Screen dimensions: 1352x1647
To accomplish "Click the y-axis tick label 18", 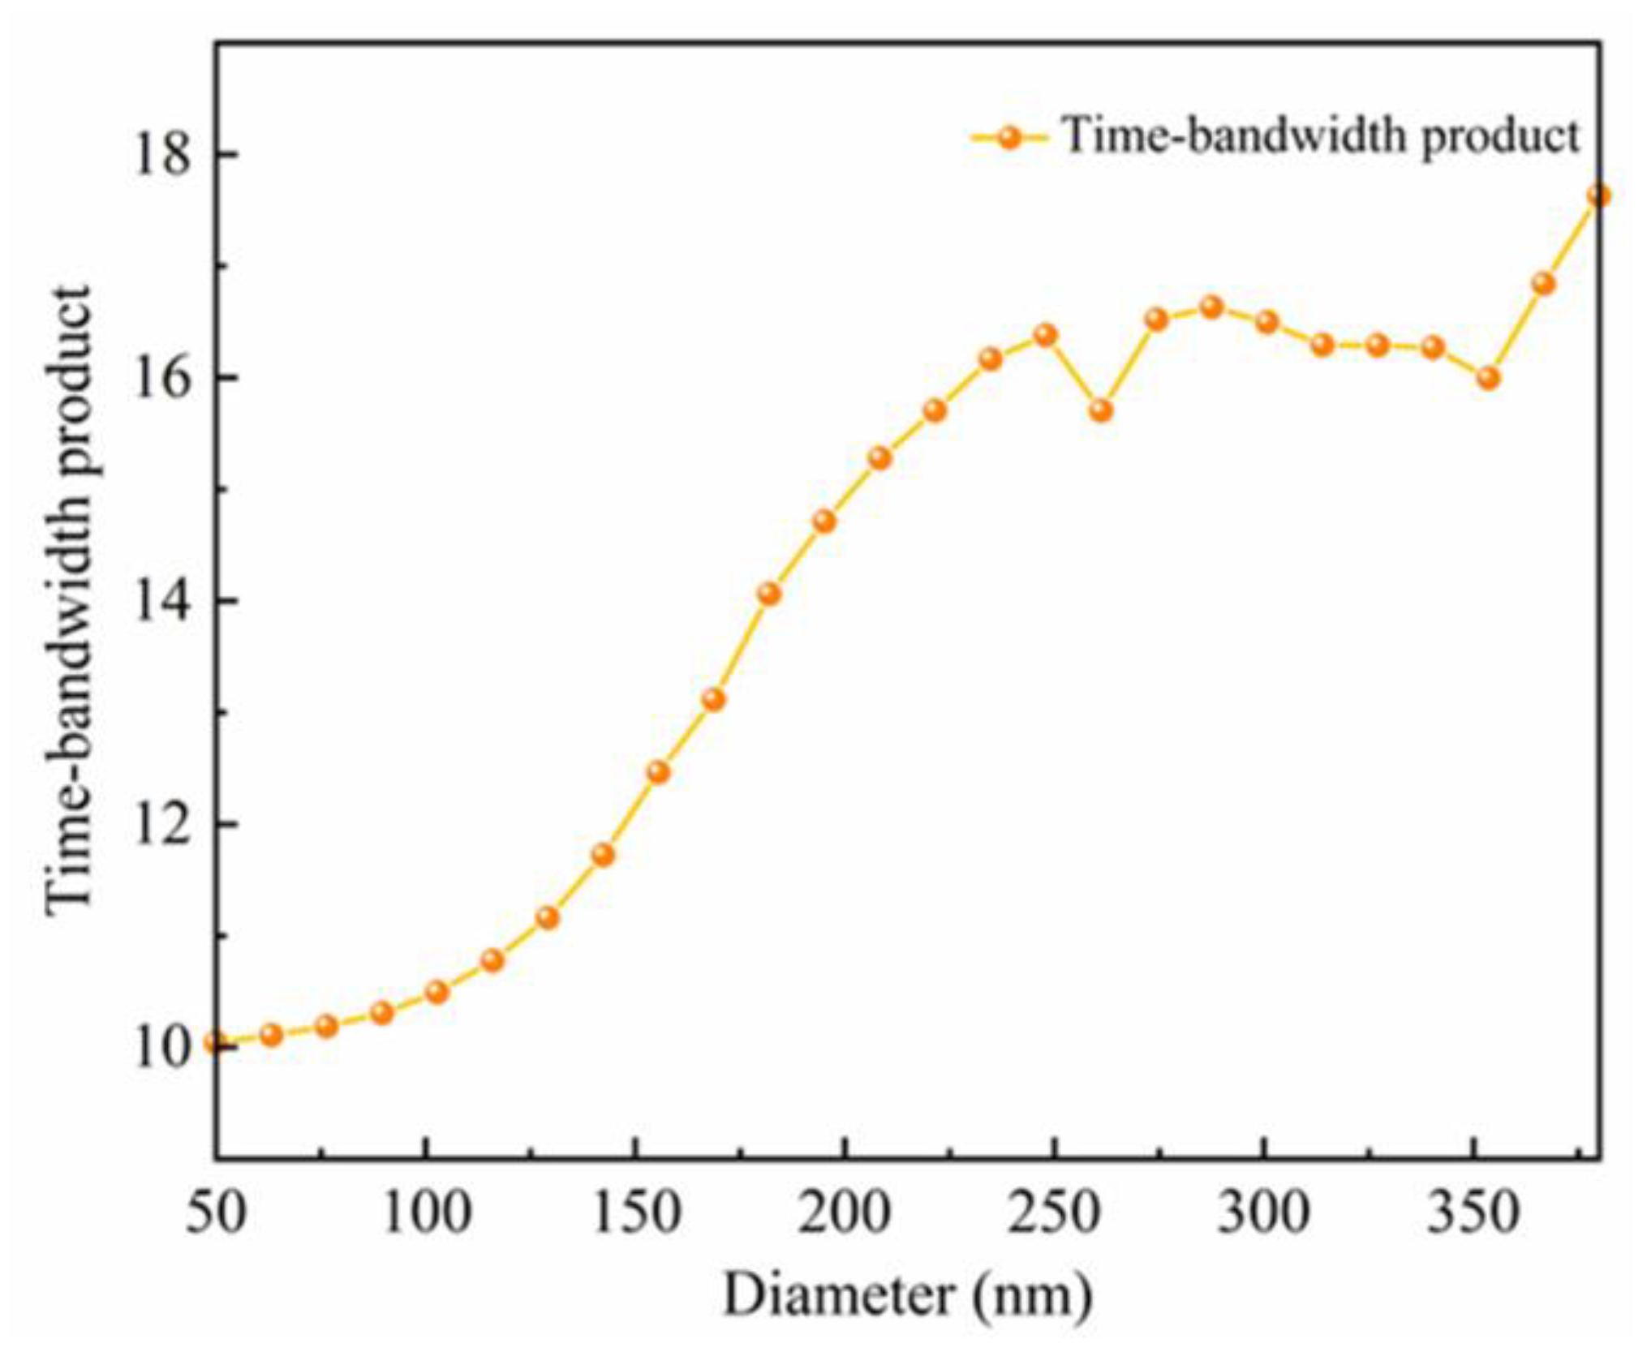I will point(163,153).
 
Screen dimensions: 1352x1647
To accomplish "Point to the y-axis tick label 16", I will point(163,377).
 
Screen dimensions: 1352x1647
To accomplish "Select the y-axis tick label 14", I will point(163,601).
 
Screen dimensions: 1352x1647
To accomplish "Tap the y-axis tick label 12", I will point(163,824).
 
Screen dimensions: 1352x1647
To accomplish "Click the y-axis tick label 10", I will point(163,1048).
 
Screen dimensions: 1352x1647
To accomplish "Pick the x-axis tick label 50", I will point(215,1213).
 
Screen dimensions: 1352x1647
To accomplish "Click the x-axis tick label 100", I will point(425,1213).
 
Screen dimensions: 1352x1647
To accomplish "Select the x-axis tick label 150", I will point(635,1213).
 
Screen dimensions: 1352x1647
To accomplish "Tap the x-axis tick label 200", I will point(845,1213).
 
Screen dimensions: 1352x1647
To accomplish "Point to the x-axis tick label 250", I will point(1054,1213).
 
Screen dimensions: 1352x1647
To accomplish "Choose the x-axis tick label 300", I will point(1263,1213).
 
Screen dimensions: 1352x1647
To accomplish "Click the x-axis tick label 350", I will point(1473,1213).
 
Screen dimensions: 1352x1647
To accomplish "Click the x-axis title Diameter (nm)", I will point(907,1296).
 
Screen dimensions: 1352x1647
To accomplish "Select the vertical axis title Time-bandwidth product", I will point(68,600).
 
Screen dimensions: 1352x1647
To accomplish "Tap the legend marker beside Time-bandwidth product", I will point(1008,137).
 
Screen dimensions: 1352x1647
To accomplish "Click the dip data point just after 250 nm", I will point(1100,410).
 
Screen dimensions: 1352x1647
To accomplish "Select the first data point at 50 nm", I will point(216,1042).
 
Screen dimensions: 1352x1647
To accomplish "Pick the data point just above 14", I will point(768,594).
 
